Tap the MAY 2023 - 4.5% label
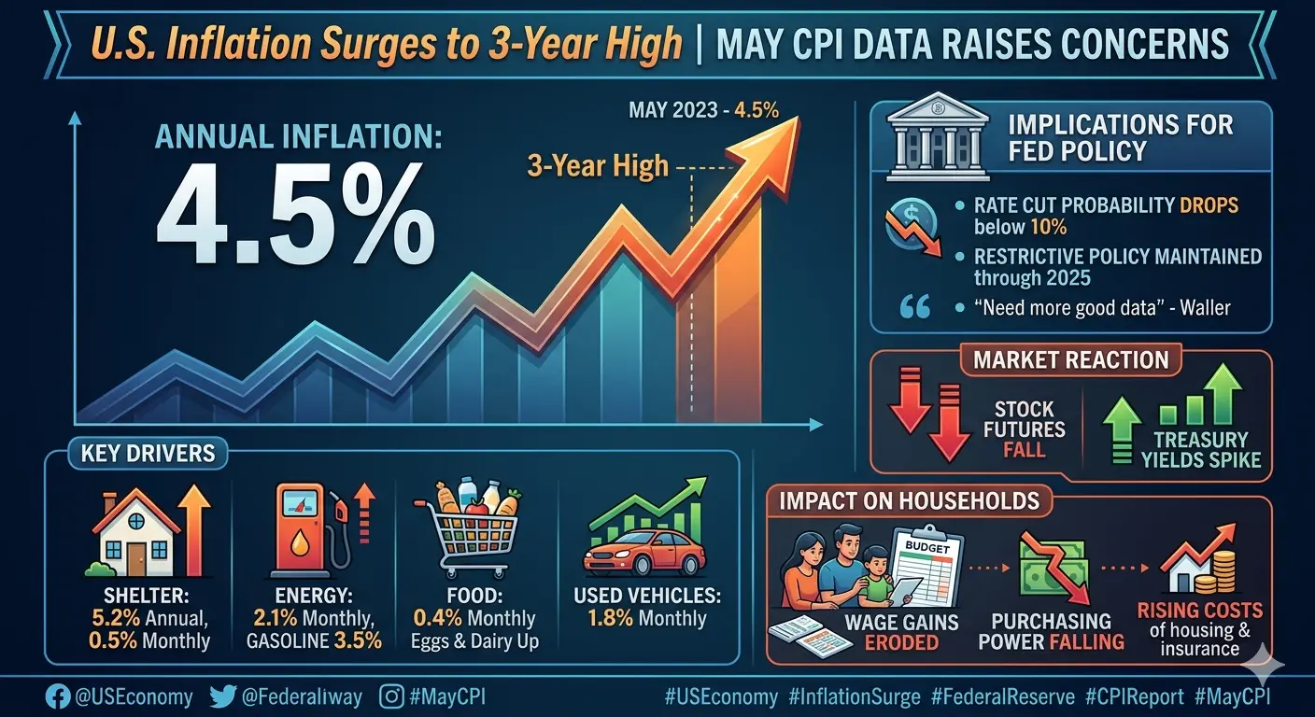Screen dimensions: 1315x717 (x=703, y=110)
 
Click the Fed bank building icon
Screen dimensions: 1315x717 (x=938, y=136)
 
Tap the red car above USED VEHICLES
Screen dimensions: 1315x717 (x=644, y=553)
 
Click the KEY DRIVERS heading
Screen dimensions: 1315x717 (x=148, y=454)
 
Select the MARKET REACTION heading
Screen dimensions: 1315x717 (x=1071, y=359)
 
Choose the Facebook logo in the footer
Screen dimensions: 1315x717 (x=58, y=697)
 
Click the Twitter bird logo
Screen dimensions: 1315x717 (x=222, y=697)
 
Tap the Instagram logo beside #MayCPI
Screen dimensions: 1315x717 (x=391, y=697)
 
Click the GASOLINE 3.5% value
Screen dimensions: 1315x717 (x=314, y=640)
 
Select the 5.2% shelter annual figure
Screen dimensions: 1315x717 (x=116, y=618)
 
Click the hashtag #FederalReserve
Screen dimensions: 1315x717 (x=1003, y=697)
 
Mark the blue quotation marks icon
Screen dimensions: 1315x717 (x=915, y=307)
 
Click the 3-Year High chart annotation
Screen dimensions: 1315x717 (x=598, y=166)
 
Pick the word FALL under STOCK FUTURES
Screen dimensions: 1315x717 (x=1024, y=450)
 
